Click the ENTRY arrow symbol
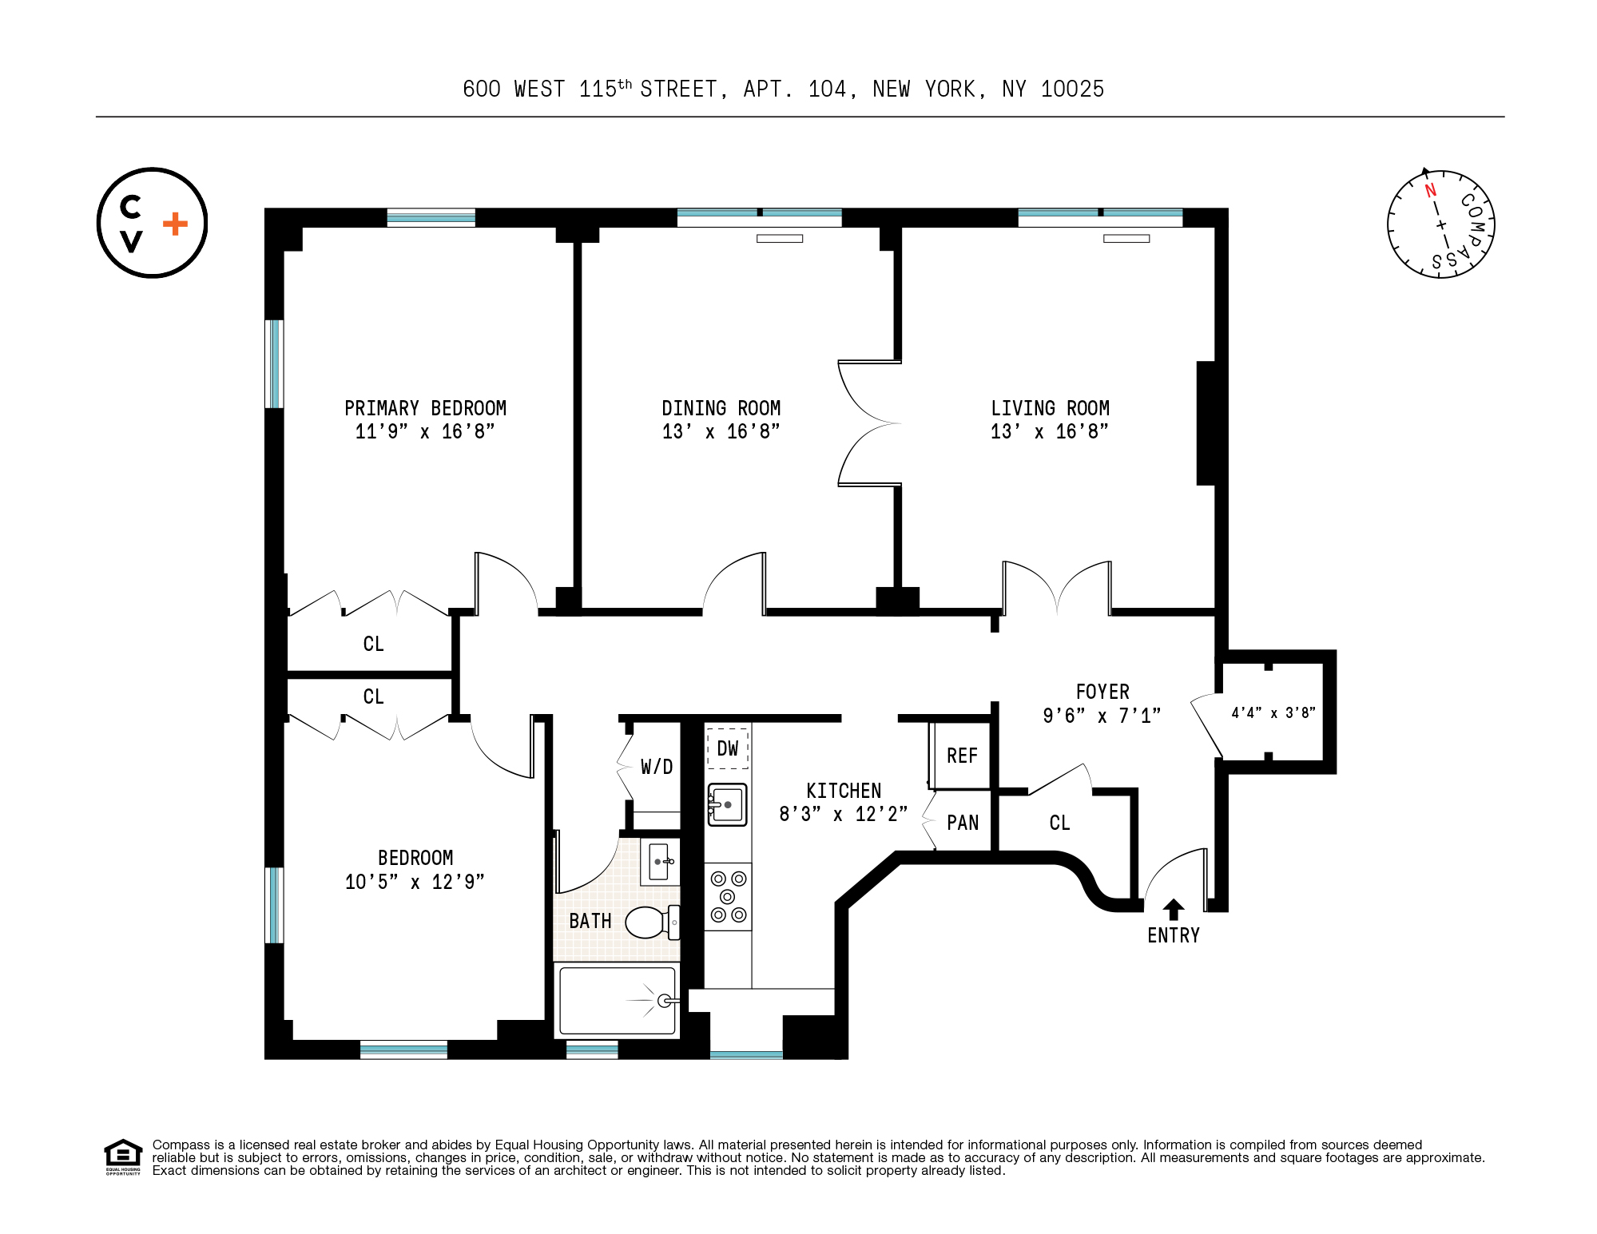1173,909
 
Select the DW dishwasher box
727,748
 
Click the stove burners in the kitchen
728,897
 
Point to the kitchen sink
727,804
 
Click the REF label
962,756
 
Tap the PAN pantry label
962,823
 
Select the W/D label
657,767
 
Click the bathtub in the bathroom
617,1001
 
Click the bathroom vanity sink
660,862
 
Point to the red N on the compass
1430,190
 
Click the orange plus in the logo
175,224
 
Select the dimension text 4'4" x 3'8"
1273,712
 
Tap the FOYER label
1102,692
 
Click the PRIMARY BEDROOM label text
425,408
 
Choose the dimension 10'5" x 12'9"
415,882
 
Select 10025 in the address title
1072,89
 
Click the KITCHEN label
844,791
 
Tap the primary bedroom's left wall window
274,363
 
